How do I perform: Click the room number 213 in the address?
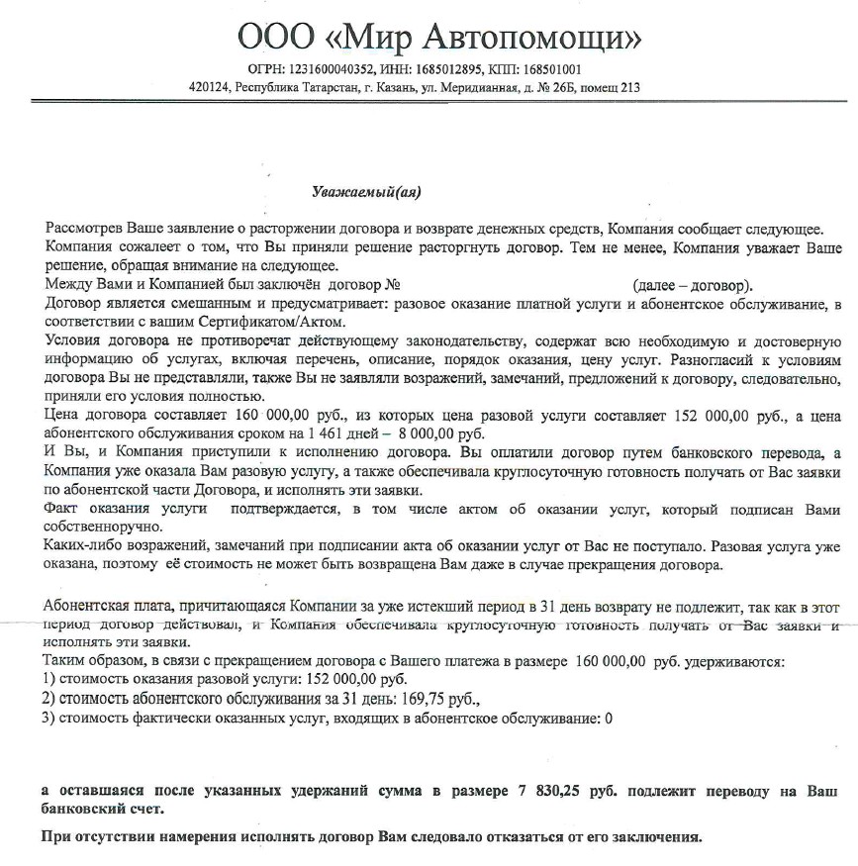coord(629,87)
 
